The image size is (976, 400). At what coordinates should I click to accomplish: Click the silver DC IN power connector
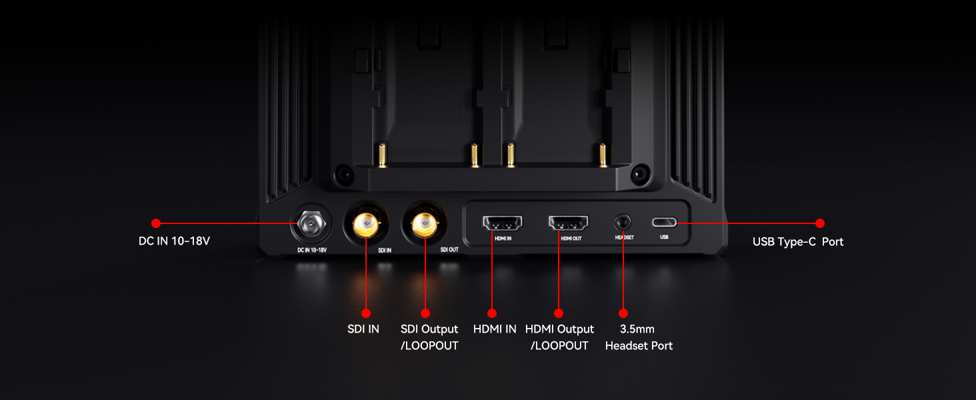(311, 224)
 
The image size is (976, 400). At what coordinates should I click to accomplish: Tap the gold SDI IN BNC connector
(366, 224)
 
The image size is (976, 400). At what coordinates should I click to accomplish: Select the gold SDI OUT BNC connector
(425, 224)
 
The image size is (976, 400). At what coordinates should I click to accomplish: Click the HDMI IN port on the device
(503, 223)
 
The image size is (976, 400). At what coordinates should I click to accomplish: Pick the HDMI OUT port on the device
(568, 223)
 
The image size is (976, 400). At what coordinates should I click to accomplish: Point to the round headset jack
(623, 223)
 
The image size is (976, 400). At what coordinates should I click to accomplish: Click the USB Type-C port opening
(665, 223)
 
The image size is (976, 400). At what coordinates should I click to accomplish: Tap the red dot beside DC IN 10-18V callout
(156, 223)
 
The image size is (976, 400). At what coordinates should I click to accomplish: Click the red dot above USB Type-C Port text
(820, 223)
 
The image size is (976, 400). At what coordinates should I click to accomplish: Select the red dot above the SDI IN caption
(366, 313)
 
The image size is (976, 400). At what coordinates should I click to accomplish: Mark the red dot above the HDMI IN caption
(492, 313)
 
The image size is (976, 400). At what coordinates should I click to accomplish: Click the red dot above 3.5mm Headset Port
(623, 313)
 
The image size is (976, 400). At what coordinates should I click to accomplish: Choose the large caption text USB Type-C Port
(798, 242)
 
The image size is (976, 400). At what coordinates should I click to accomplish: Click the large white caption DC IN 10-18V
(174, 241)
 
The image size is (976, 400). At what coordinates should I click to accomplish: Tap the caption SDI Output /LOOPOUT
(429, 337)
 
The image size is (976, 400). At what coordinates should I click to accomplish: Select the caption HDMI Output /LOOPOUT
(559, 337)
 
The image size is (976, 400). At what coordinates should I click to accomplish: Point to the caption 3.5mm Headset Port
(639, 337)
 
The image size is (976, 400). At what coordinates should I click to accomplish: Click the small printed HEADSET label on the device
(625, 237)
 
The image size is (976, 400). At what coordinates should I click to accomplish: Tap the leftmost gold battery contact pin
(382, 155)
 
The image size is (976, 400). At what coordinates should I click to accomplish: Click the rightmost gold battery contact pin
(603, 155)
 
